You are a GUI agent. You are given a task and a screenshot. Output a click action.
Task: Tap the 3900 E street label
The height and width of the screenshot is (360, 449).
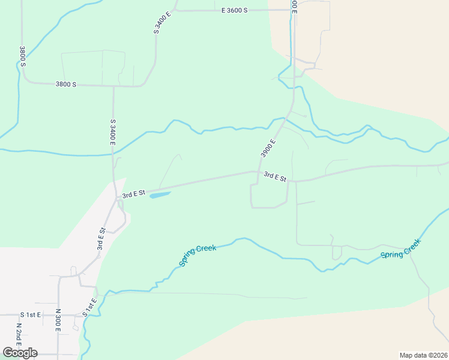coord(268,148)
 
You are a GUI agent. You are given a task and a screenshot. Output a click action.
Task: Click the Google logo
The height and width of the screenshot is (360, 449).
coord(20,353)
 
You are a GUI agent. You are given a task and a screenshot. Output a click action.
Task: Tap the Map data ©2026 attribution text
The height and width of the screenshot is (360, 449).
coord(424,355)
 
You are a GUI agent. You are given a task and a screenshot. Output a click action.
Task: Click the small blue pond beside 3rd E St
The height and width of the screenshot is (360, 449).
coord(159,194)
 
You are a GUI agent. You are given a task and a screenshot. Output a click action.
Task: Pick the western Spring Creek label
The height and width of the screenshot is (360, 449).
coord(197,256)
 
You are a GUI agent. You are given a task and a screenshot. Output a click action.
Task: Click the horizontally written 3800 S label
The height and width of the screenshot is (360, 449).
coord(65,85)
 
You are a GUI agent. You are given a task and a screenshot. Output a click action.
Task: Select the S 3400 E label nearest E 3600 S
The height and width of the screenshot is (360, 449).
coord(158,22)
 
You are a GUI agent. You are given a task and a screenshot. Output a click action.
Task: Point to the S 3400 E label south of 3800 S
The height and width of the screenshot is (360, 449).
coord(112,132)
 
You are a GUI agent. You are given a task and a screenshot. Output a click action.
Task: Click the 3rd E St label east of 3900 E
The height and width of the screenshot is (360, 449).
coord(276,176)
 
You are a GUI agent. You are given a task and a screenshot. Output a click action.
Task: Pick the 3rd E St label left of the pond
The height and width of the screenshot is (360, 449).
coord(134,194)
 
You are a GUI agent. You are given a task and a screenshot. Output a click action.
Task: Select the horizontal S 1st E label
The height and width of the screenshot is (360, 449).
coord(31,314)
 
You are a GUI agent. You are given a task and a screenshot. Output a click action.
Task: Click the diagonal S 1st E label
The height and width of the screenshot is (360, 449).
coord(89,308)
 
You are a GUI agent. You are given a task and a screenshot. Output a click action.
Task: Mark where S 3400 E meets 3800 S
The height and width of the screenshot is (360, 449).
coord(113,86)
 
